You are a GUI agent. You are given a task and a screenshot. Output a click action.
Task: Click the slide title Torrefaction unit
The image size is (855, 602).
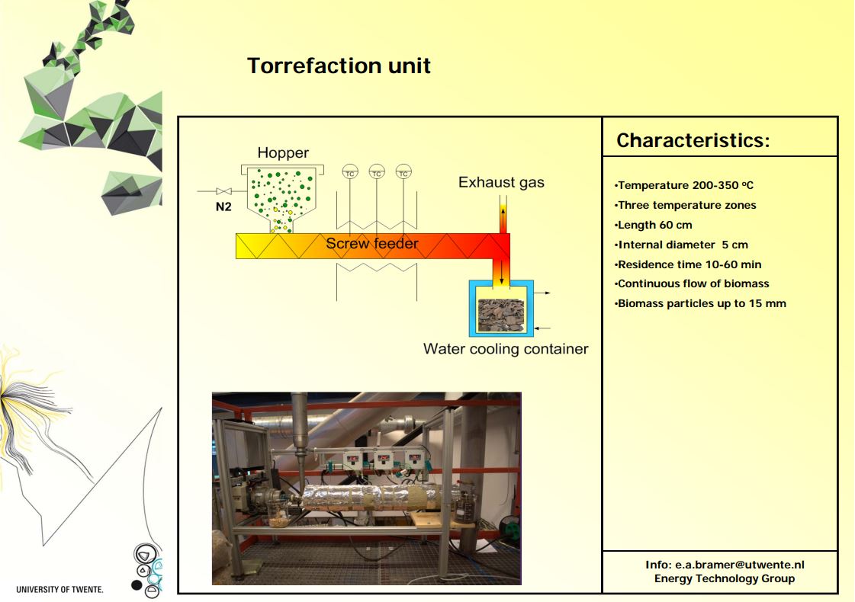339,66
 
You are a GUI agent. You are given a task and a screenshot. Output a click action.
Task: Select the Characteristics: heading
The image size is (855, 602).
693,140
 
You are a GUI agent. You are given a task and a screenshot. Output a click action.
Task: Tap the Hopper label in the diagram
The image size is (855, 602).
283,153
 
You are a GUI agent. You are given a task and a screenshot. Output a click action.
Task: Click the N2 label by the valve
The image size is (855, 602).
223,207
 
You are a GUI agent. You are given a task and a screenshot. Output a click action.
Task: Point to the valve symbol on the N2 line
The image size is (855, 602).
223,191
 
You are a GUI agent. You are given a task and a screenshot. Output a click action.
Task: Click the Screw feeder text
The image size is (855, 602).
372,244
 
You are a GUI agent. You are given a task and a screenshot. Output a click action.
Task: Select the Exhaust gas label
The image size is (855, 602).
501,183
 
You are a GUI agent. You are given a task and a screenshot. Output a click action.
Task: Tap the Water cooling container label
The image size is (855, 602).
506,349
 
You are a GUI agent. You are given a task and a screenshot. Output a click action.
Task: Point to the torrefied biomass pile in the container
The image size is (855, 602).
500,315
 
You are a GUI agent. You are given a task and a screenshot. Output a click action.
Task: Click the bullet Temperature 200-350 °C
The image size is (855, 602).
684,185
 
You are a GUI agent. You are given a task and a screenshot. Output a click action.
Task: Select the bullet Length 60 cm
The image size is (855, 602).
653,225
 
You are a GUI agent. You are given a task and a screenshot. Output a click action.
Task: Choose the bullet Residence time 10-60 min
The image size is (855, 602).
688,264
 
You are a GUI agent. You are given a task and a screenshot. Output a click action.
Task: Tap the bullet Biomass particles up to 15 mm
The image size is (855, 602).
701,303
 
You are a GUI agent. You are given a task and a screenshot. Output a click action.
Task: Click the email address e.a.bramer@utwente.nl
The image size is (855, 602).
740,565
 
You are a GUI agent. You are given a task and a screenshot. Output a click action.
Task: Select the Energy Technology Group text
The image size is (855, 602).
725,578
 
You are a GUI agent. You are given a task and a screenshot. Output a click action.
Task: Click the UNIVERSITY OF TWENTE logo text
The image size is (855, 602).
59,590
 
